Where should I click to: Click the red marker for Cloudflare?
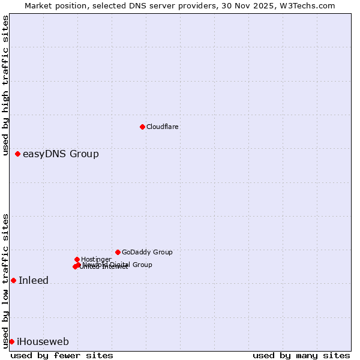pos(142,127)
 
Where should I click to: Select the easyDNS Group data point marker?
pos(18,154)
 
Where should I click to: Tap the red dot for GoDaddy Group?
pos(118,252)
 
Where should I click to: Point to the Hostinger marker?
pos(77,259)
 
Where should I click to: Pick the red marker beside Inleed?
pos(13,280)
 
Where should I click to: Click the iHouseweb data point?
pos(11,341)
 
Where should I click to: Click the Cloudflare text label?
pos(163,127)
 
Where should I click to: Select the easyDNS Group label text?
pos(61,154)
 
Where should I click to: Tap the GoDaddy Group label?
pos(147,252)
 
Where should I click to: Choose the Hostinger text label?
pos(96,259)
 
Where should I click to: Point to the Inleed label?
pos(34,280)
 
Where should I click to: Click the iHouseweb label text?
pos(43,342)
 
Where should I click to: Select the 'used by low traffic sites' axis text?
pos(6,281)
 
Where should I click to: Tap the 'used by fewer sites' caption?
pos(62,355)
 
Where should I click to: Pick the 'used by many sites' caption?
pos(301,355)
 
